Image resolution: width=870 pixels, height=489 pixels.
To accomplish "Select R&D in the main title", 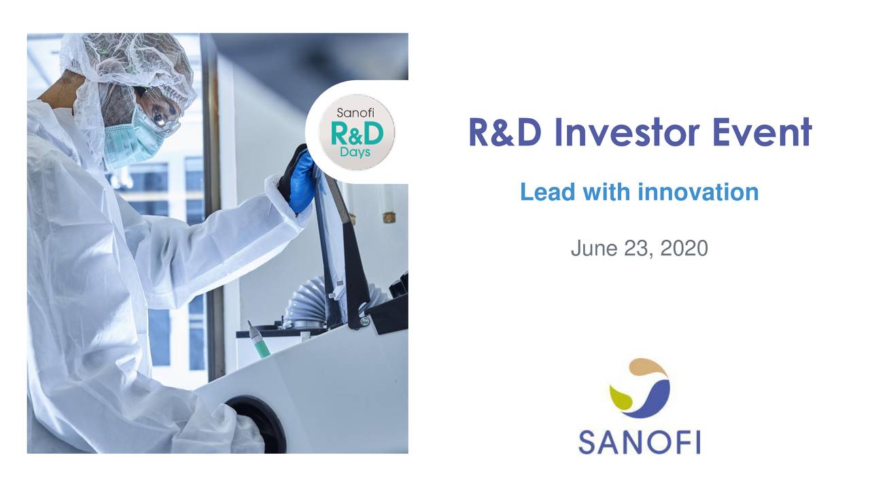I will point(504,132).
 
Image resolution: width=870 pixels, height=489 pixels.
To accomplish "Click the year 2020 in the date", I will point(684,249).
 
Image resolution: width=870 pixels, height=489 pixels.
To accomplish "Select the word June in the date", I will point(593,249).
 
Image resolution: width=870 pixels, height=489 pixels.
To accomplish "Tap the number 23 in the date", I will point(637,249).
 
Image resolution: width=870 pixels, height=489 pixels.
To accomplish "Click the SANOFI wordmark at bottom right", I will point(639,441).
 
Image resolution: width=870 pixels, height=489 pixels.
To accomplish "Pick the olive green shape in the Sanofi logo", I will point(621,397).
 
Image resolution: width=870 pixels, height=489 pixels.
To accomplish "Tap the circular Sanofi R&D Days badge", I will point(356,132).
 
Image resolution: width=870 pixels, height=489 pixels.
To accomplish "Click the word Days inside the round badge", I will point(356,152).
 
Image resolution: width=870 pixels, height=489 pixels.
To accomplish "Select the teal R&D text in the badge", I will point(356,133).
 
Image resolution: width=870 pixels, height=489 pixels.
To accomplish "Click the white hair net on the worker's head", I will point(129,58).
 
